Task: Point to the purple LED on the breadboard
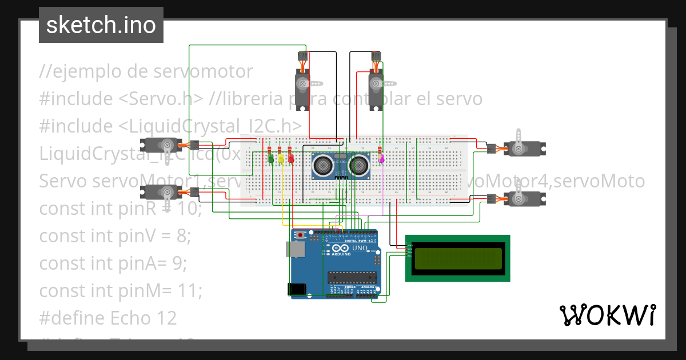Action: [x=381, y=158]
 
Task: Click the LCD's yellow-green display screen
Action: [x=457, y=258]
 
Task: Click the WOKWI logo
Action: [x=607, y=315]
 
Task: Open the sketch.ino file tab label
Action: [x=101, y=25]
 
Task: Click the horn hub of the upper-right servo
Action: [x=519, y=149]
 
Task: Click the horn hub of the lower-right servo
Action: [x=519, y=199]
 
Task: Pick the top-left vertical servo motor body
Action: [x=303, y=86]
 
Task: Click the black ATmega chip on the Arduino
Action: [x=352, y=278]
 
